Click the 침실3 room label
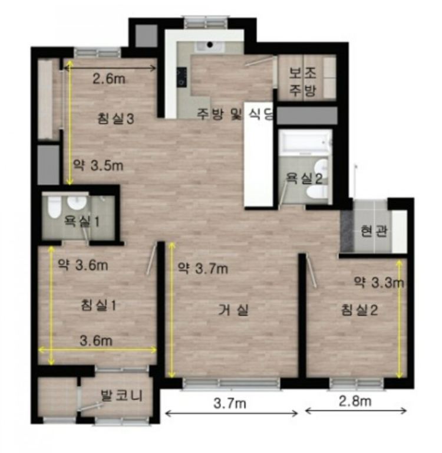116,119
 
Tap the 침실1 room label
98,305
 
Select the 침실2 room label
359,310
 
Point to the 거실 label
233,310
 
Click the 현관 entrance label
374,231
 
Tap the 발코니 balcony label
121,395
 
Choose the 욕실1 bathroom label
82,221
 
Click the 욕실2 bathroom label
304,179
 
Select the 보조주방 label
302,82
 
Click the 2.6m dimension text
109,78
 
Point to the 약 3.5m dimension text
98,166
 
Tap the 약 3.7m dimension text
203,269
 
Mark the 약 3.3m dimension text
379,283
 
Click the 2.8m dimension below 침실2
355,401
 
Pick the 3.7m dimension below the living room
230,403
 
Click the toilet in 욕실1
54,206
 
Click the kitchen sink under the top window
210,47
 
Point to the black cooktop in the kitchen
182,77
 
